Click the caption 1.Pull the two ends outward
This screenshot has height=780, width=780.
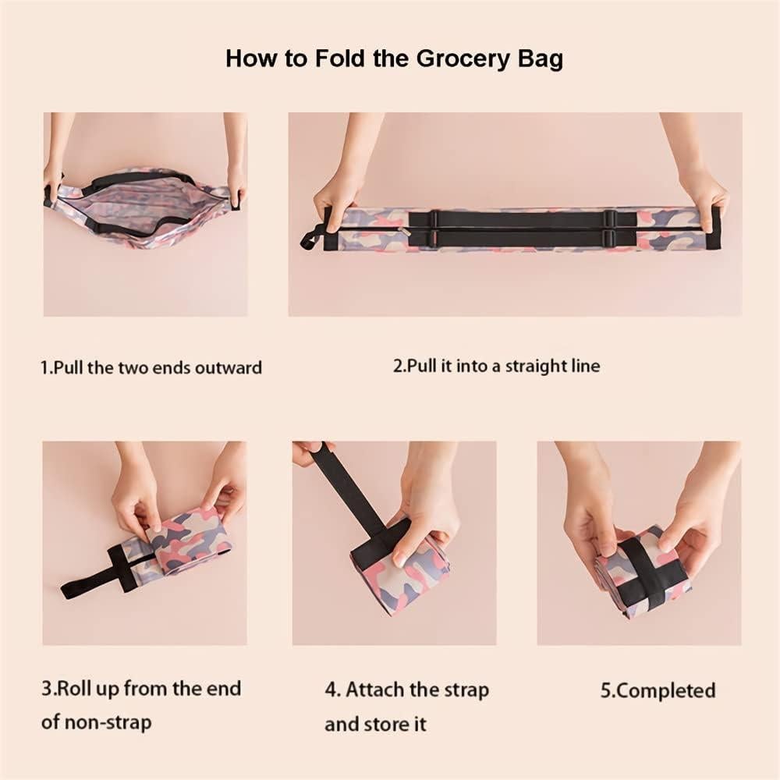tap(151, 367)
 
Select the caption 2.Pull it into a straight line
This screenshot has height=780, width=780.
tap(496, 365)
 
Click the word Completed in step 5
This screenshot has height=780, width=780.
tap(665, 690)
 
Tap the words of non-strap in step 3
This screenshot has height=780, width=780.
tap(96, 721)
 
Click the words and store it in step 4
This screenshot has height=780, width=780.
tap(376, 724)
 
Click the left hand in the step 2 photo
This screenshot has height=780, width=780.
tap(337, 195)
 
